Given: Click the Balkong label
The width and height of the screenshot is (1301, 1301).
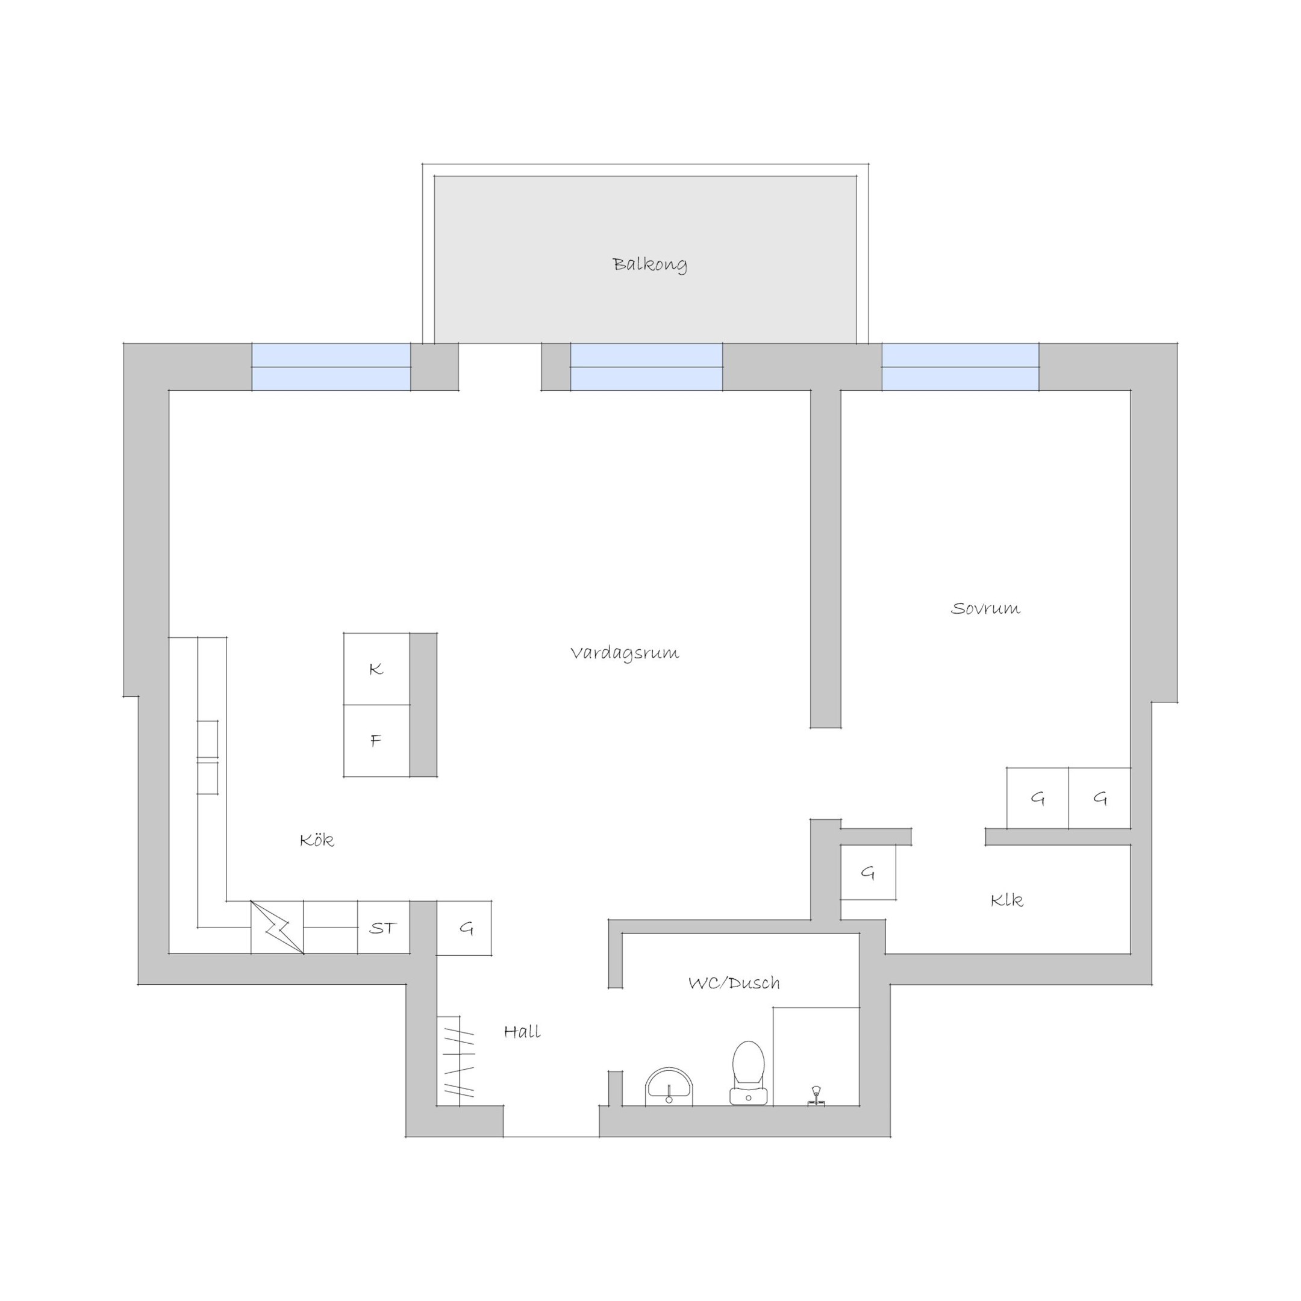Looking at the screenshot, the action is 650,264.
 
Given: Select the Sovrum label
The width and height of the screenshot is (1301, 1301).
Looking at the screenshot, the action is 985,609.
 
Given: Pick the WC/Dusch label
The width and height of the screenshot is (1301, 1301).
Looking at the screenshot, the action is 734,982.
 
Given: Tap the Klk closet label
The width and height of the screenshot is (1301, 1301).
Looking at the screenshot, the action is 1006,900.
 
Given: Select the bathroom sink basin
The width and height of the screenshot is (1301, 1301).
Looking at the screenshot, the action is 669,1087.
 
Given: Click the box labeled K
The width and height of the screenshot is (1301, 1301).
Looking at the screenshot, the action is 376,669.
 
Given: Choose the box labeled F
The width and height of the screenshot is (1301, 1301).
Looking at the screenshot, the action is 376,741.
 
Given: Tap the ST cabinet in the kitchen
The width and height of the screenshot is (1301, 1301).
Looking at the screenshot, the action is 383,928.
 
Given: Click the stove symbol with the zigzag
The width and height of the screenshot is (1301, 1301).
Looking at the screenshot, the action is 277,928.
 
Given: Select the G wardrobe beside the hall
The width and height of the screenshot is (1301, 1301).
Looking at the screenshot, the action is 464,928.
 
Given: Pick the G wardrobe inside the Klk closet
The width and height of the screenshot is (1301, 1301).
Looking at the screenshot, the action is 868,873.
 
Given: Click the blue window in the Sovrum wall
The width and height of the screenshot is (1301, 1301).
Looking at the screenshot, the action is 960,367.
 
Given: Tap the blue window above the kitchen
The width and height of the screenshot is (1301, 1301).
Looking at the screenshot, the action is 331,367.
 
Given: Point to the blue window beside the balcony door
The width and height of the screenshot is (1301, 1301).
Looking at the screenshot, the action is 646,367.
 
